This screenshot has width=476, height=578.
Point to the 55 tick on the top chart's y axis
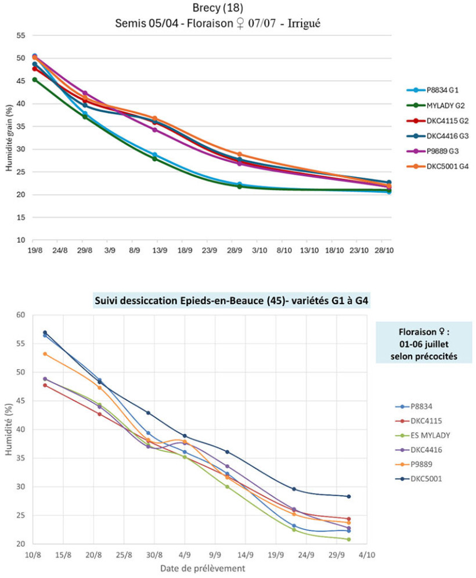(x=21, y=35)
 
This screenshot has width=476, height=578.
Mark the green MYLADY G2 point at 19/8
(x=35, y=80)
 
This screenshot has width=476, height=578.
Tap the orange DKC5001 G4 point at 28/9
(x=239, y=154)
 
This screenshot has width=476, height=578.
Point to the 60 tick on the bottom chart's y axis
(x=21, y=315)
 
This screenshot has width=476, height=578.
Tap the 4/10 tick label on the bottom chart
(x=366, y=555)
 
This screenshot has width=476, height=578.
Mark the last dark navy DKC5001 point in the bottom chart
(x=348, y=496)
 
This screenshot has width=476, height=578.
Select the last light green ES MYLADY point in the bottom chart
(x=348, y=539)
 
